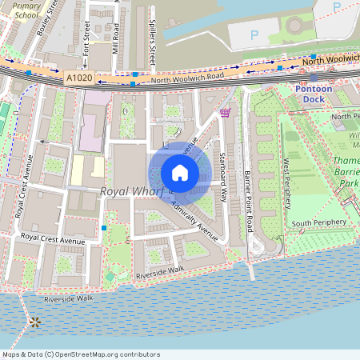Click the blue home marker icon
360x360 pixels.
click(180, 173)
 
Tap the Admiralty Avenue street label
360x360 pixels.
click(194, 221)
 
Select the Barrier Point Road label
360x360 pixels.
click(249, 198)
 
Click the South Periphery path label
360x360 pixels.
click(318, 222)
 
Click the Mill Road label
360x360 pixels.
click(116, 36)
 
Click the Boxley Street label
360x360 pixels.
click(47, 18)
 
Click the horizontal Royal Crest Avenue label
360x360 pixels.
click(53, 238)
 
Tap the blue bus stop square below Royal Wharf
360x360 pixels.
click(104, 228)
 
